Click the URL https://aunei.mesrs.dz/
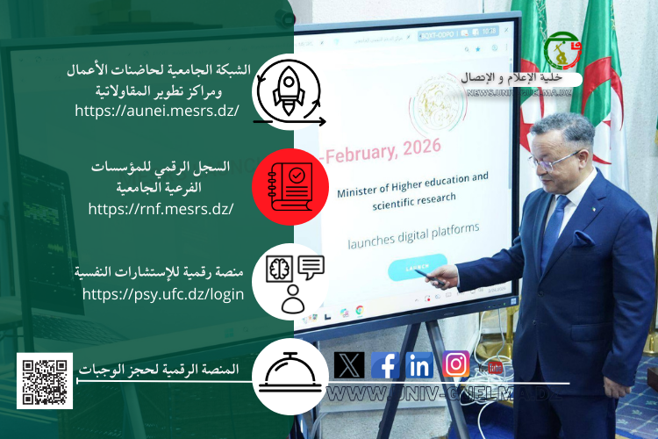pyautogui.click(x=158, y=112)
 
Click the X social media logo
pyautogui.click(x=349, y=364)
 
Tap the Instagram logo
pyautogui.click(x=456, y=363)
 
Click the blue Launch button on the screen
pyautogui.click(x=417, y=267)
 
